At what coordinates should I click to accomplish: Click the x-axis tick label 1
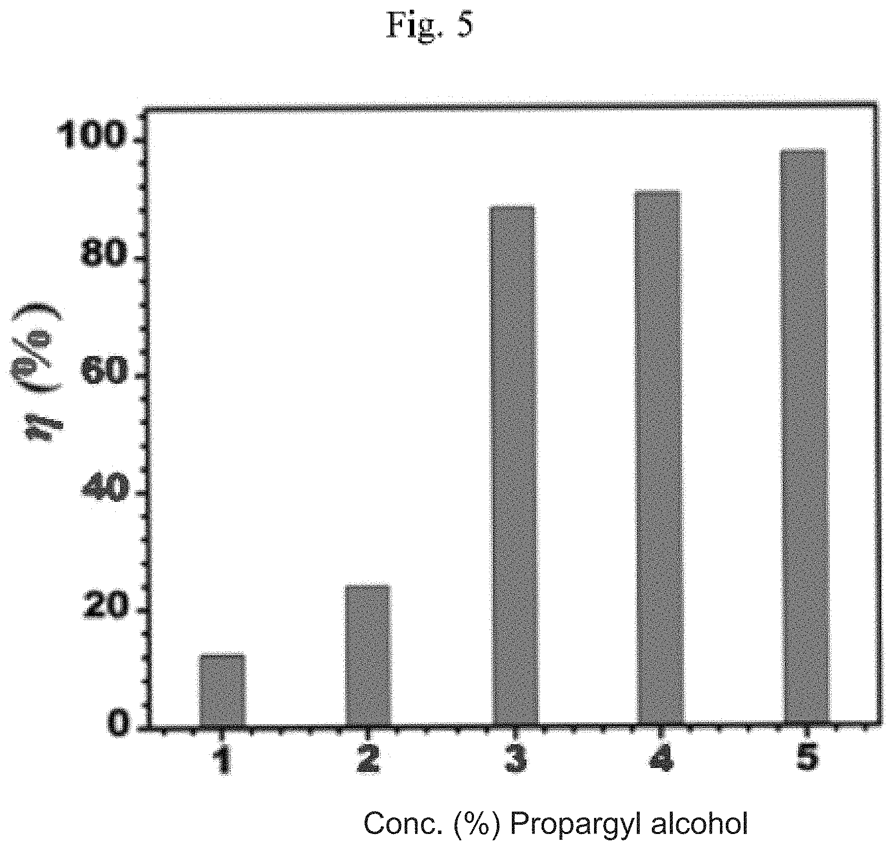click(222, 761)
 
